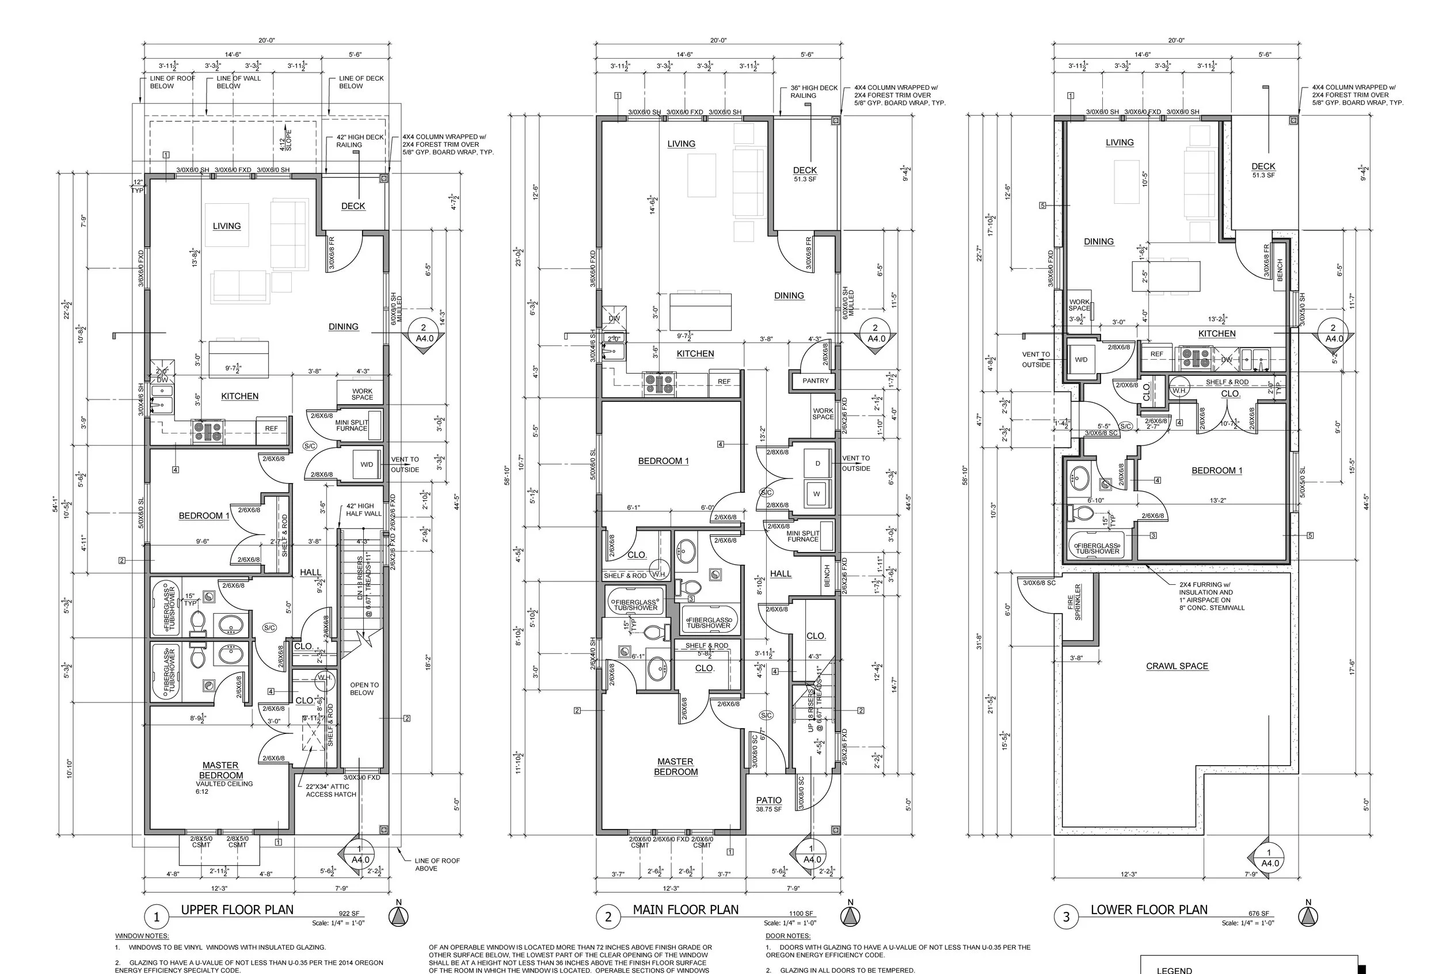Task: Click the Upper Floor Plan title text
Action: [x=237, y=910]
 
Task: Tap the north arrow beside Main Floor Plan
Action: [x=851, y=916]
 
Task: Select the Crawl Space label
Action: [x=1177, y=666]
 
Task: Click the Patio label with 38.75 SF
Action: [x=768, y=804]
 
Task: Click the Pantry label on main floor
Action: [x=815, y=381]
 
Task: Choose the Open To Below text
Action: [x=364, y=688]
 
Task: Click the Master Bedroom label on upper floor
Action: [x=221, y=770]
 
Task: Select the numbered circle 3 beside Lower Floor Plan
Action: [x=1065, y=917]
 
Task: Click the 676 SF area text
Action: [x=1258, y=914]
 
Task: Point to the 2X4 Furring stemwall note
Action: [x=1211, y=596]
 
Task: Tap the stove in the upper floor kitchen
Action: [x=207, y=431]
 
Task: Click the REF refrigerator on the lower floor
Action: [x=1156, y=354]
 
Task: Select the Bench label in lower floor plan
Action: [x=1280, y=269]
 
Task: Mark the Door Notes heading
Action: [x=787, y=935]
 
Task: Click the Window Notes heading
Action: [x=142, y=935]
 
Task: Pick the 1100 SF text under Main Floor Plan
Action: [x=802, y=914]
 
